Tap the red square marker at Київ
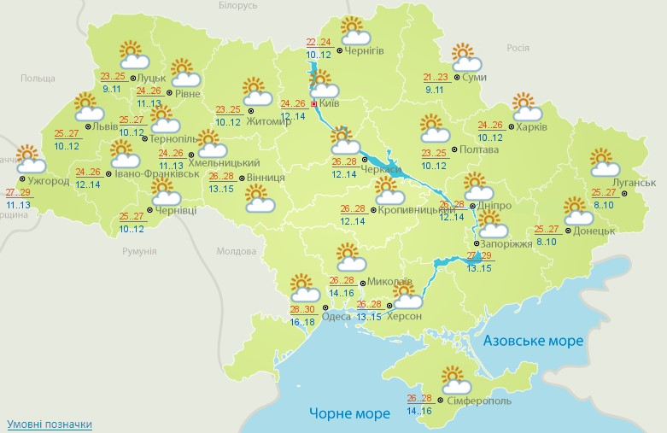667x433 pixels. [x=313, y=103]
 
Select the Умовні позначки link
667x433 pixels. [x=49, y=424]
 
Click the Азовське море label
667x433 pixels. [x=533, y=341]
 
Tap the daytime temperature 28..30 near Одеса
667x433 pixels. [x=301, y=309]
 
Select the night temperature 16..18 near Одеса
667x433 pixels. [x=301, y=321]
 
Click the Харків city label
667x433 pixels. [x=532, y=127]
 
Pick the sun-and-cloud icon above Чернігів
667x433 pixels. [x=354, y=32]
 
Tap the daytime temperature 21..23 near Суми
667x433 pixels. [x=436, y=77]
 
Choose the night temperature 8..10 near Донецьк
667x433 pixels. [x=546, y=241]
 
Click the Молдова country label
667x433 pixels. [x=237, y=252]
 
